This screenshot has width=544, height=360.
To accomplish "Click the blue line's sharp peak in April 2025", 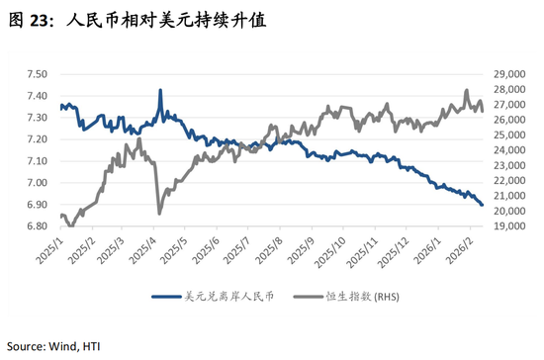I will (x=160, y=90).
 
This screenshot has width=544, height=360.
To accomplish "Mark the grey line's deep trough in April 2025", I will (x=159, y=213).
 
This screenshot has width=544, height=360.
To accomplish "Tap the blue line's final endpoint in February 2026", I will (x=482, y=205).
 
